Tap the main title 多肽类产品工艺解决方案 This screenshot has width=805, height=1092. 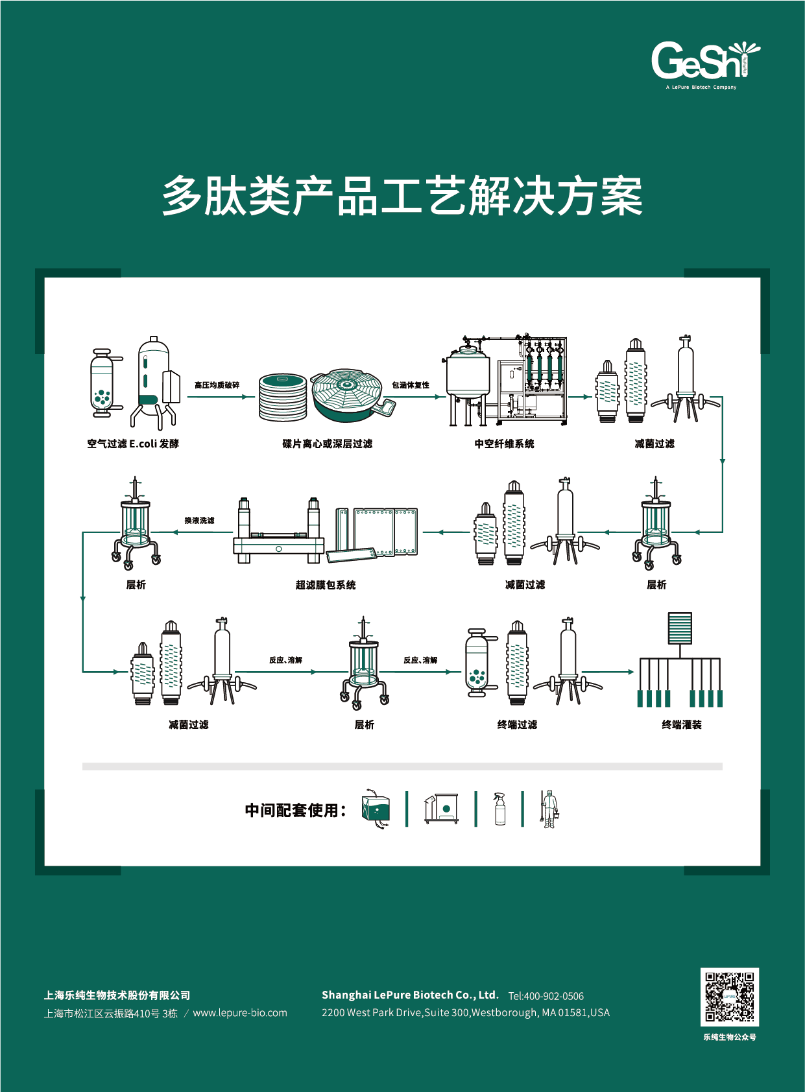tap(402, 196)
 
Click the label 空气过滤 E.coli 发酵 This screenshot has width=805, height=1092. tap(133, 444)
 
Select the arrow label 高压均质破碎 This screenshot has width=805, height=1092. tap(217, 385)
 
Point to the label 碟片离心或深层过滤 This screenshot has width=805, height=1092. tap(327, 444)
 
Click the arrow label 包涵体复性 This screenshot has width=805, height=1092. tap(410, 385)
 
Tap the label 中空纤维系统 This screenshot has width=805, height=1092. tap(504, 444)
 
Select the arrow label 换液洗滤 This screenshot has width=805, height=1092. tap(199, 521)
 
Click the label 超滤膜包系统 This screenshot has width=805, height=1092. tap(326, 585)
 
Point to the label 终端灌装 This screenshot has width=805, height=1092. tap(681, 725)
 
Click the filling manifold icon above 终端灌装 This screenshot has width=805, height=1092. tap(680, 661)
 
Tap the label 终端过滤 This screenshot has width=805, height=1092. tap(517, 725)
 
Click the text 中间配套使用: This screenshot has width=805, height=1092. tap(296, 811)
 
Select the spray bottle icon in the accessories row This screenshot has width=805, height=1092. tap(499, 809)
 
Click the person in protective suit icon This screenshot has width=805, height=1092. tap(549, 809)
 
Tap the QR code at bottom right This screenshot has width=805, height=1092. tap(729, 997)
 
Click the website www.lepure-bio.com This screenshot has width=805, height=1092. tap(240, 1013)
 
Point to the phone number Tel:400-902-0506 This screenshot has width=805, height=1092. tap(546, 996)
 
